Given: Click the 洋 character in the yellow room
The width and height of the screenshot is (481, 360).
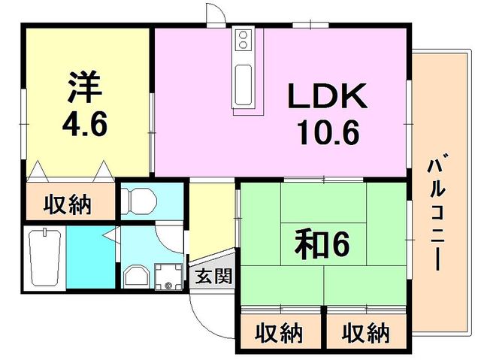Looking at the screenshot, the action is coord(84,86).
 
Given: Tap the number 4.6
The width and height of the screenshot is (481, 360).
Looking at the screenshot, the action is coord(85,124).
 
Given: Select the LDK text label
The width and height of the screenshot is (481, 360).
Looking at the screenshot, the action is coord(328,95).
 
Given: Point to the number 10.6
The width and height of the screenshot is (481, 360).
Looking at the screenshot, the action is coord(328,132).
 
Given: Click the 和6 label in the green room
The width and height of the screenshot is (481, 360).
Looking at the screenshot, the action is coord(322,244).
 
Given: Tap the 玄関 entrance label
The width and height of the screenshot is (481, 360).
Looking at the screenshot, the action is coord(213,276).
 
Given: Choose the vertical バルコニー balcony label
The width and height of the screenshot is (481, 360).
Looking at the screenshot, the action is coord(437,212).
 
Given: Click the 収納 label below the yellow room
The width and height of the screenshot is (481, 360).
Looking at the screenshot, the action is coord(68,204).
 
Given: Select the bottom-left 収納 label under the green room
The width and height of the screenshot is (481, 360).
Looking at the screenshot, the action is coord(279,333).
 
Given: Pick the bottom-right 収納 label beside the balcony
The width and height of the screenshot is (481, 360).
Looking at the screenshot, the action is coord(366,333).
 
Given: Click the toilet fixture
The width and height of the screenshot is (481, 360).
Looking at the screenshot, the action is coord(138,201).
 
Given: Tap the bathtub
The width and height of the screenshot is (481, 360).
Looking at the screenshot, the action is coord(45,258).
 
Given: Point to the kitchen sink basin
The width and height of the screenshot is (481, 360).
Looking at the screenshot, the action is coord(244,84).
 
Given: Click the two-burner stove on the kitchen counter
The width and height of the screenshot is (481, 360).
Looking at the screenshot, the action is coord(243,40).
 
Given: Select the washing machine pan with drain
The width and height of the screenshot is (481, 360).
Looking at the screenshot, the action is coord(168,277).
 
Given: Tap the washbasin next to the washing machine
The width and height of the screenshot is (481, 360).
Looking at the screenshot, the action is coord(136,277).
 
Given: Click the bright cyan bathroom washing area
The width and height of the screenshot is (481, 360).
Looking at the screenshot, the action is coord(91,257).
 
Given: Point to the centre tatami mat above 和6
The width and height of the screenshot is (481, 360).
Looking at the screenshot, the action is coord(323,203).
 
